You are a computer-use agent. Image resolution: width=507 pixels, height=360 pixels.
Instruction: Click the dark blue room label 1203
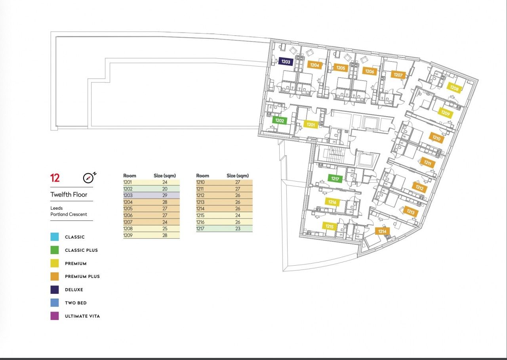coord(286,61)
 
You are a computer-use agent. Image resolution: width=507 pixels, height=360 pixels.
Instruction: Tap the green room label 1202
coord(280,121)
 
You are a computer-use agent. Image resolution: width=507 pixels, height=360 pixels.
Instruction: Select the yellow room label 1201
coord(311,124)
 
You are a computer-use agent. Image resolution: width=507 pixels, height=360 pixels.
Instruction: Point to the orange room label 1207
coord(398,75)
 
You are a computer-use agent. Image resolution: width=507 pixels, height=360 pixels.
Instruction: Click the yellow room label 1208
coord(454,88)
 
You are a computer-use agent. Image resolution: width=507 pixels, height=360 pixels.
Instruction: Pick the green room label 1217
coord(335,178)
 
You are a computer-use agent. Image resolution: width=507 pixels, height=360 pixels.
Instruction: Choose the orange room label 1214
coord(382,231)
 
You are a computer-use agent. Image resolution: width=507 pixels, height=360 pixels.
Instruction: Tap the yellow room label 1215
coord(330,226)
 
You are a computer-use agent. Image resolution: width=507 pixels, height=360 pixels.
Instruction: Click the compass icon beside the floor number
coord(88,178)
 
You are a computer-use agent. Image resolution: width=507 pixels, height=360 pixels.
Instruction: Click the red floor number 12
coord(55,178)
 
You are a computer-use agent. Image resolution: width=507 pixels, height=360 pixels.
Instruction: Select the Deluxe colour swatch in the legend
coord(55,289)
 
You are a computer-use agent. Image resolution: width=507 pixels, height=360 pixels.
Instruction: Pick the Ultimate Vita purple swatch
coord(55,316)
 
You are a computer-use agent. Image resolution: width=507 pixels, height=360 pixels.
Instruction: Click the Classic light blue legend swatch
coord(55,237)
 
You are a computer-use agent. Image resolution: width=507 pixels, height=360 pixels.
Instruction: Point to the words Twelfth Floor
coord(69,194)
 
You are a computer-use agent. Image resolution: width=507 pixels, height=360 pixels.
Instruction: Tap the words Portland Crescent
coord(69,214)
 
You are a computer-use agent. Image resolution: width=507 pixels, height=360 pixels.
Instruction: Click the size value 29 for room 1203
coord(165,195)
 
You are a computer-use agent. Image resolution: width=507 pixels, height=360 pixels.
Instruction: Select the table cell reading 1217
coord(200,229)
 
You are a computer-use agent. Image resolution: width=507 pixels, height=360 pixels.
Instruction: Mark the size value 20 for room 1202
coord(165,189)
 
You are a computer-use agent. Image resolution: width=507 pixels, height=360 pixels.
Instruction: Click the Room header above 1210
coord(202,176)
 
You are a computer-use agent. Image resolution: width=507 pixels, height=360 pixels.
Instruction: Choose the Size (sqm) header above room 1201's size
coord(165,176)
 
